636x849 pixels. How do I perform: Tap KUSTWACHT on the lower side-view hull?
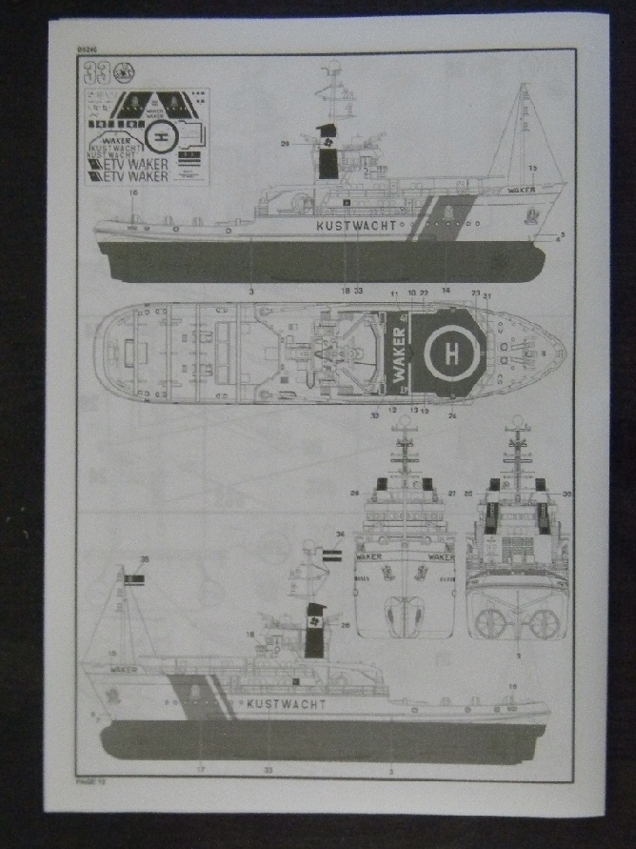[x=286, y=704]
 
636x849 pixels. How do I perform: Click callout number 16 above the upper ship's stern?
[x=133, y=193]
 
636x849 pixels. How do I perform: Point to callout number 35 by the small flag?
[x=145, y=559]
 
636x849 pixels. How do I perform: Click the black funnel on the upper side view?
[x=328, y=152]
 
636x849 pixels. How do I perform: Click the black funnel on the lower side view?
[x=315, y=630]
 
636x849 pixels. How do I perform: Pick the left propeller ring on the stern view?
[x=489, y=623]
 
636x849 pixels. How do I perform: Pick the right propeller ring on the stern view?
[x=544, y=623]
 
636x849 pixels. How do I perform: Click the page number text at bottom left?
[x=88, y=779]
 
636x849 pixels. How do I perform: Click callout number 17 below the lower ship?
[x=200, y=767]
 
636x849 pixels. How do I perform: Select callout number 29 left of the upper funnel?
[x=285, y=144]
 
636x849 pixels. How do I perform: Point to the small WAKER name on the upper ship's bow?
[x=522, y=190]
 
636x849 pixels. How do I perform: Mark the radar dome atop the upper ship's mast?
[x=333, y=69]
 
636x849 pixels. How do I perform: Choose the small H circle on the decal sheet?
[x=160, y=136]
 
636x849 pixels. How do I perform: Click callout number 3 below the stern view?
[x=517, y=656]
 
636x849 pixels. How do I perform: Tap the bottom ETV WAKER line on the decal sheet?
[x=127, y=176]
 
